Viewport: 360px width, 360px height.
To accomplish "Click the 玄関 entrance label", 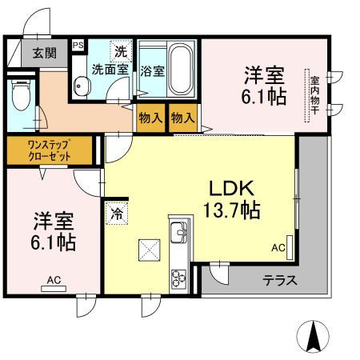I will click(44, 54).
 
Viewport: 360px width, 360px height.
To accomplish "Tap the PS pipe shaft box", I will click(78, 46).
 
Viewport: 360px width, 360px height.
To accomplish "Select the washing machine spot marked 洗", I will click(121, 51).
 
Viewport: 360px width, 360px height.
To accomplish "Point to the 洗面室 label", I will click(110, 70).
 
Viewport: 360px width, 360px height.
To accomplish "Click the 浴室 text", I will click(153, 70).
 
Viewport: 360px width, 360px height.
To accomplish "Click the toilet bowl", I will click(21, 95).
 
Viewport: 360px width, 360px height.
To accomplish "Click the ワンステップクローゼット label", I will click(50, 150).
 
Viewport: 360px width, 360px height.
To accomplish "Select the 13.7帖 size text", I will click(233, 211).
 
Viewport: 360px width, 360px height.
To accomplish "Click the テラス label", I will click(280, 281).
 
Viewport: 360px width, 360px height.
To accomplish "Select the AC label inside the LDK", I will click(278, 248).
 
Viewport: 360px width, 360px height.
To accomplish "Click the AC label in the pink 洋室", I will click(54, 279).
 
